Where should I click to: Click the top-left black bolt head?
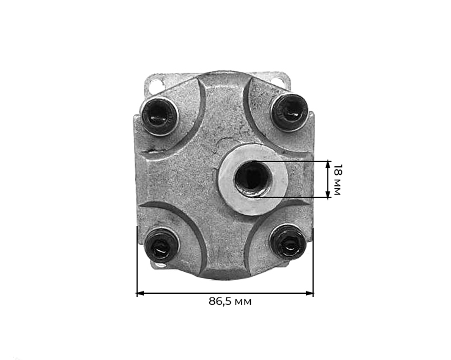[x=159, y=115]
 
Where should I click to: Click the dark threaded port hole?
[x=252, y=179]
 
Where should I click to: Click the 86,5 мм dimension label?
[x=230, y=302]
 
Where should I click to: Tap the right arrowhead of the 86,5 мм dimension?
[x=309, y=293]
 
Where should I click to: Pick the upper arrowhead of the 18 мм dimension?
[x=328, y=165]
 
